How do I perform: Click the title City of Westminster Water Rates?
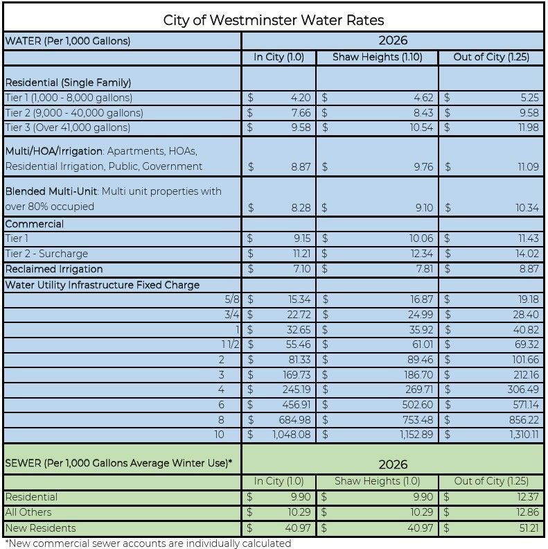(274, 19)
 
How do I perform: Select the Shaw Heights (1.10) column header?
(377, 57)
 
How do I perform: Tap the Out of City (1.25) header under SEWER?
(491, 481)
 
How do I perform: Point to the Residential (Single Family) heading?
(68, 82)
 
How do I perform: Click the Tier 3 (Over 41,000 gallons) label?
(67, 128)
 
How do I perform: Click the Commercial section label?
(34, 224)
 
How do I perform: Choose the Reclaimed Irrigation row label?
(53, 269)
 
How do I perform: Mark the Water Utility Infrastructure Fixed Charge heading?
(102, 284)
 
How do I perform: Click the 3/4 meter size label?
(233, 315)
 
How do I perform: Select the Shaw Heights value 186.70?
(415, 375)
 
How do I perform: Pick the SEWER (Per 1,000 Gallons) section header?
(118, 463)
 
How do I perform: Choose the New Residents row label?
(40, 528)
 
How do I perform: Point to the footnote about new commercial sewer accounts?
(148, 543)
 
